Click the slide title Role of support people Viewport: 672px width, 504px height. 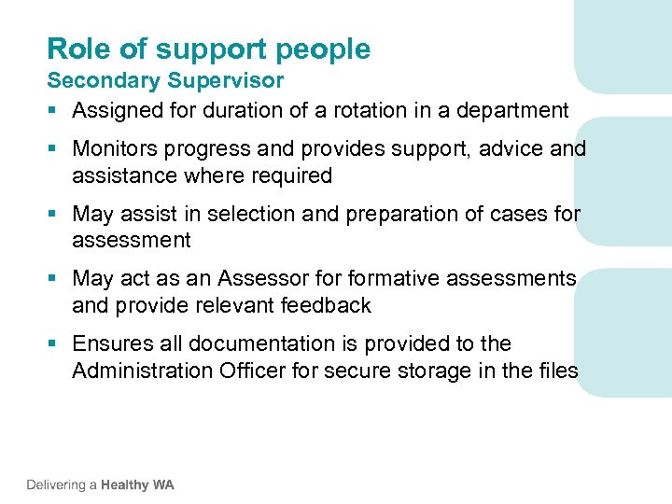tap(208, 49)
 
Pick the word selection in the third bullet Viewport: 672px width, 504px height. tap(250, 215)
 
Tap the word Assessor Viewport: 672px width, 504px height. tap(260, 279)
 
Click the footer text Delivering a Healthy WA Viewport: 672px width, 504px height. tap(100, 485)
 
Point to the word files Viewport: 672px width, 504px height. tap(557, 371)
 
